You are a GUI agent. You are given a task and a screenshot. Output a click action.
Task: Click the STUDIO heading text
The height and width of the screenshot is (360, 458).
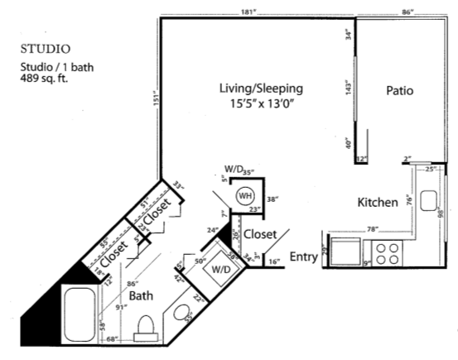point(46,50)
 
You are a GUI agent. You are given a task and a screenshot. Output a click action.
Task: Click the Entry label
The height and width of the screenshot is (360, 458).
point(304,257)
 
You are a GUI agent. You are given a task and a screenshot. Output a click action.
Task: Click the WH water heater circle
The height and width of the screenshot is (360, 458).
point(244,197)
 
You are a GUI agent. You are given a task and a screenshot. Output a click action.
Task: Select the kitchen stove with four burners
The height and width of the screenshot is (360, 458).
point(386,251)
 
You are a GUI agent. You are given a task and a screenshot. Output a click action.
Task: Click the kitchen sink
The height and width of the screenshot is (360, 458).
point(428,201)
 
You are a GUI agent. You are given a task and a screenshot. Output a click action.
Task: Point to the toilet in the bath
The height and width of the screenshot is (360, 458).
point(146,327)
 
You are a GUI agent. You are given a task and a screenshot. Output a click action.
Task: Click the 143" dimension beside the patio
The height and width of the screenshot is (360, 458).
point(348,87)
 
